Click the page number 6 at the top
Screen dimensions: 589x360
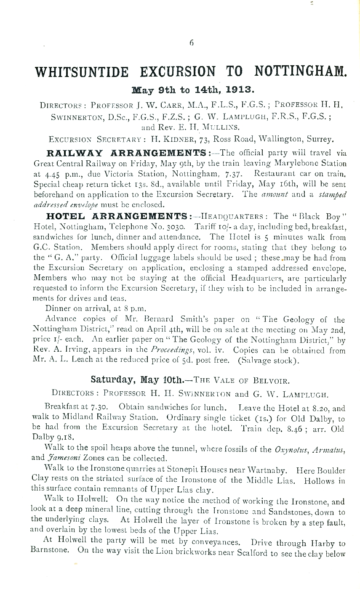click(191, 42)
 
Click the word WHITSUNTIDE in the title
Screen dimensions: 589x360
click(83, 72)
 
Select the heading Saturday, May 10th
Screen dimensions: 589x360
click(136, 380)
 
